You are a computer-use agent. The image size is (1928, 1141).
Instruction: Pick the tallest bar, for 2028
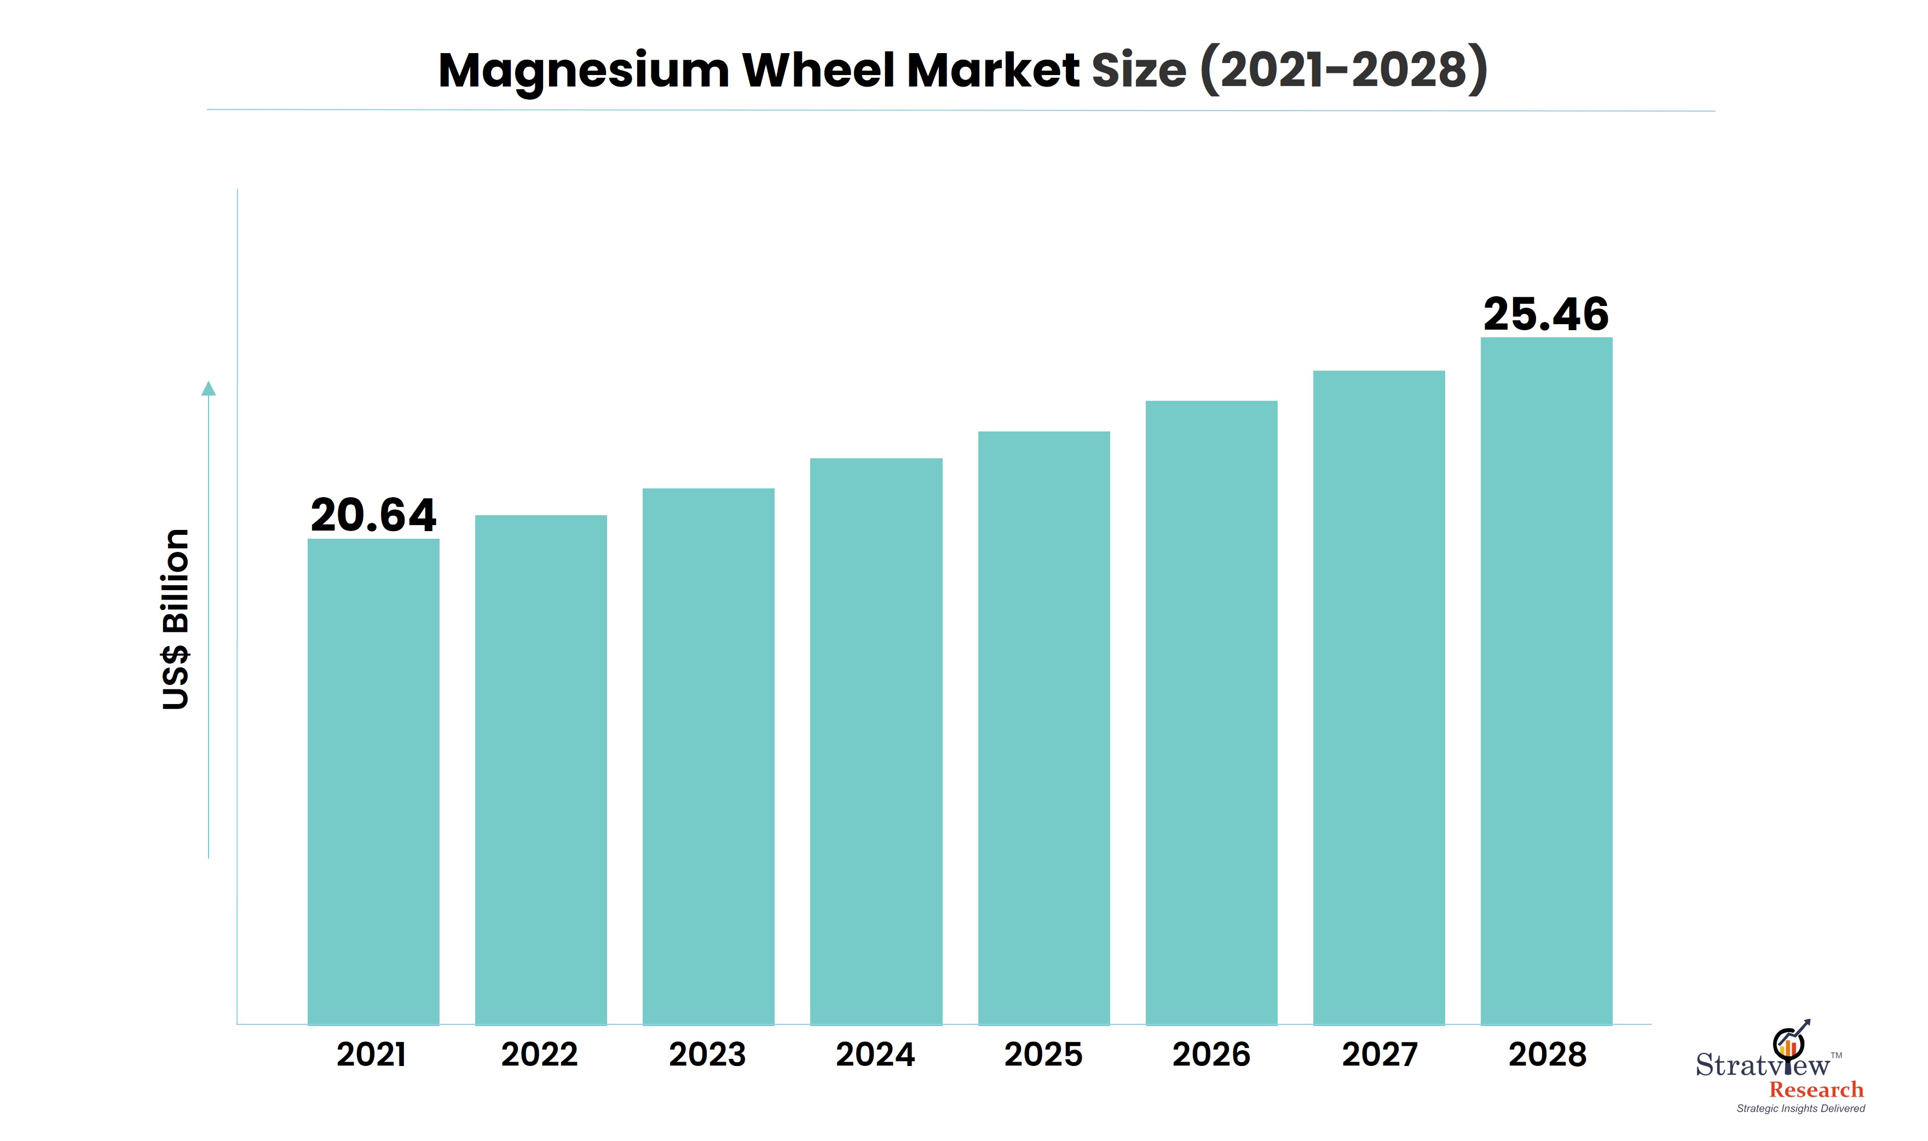point(1546,681)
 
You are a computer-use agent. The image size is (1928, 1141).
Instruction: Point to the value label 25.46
point(1546,314)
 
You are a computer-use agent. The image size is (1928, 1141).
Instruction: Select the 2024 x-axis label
point(876,1054)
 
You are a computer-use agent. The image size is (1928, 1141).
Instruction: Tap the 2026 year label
point(1211,1054)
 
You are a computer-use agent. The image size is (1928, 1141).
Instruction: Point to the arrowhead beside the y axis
point(209,388)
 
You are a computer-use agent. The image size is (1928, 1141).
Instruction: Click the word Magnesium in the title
point(584,71)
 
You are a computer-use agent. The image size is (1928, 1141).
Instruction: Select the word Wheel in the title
point(819,71)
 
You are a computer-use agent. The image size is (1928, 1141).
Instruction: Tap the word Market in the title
point(993,71)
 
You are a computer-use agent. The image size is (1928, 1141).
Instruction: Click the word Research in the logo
point(1816,1090)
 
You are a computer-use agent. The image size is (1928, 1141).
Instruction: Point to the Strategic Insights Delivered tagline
point(1800,1108)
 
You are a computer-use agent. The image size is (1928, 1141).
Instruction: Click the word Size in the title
point(1139,71)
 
